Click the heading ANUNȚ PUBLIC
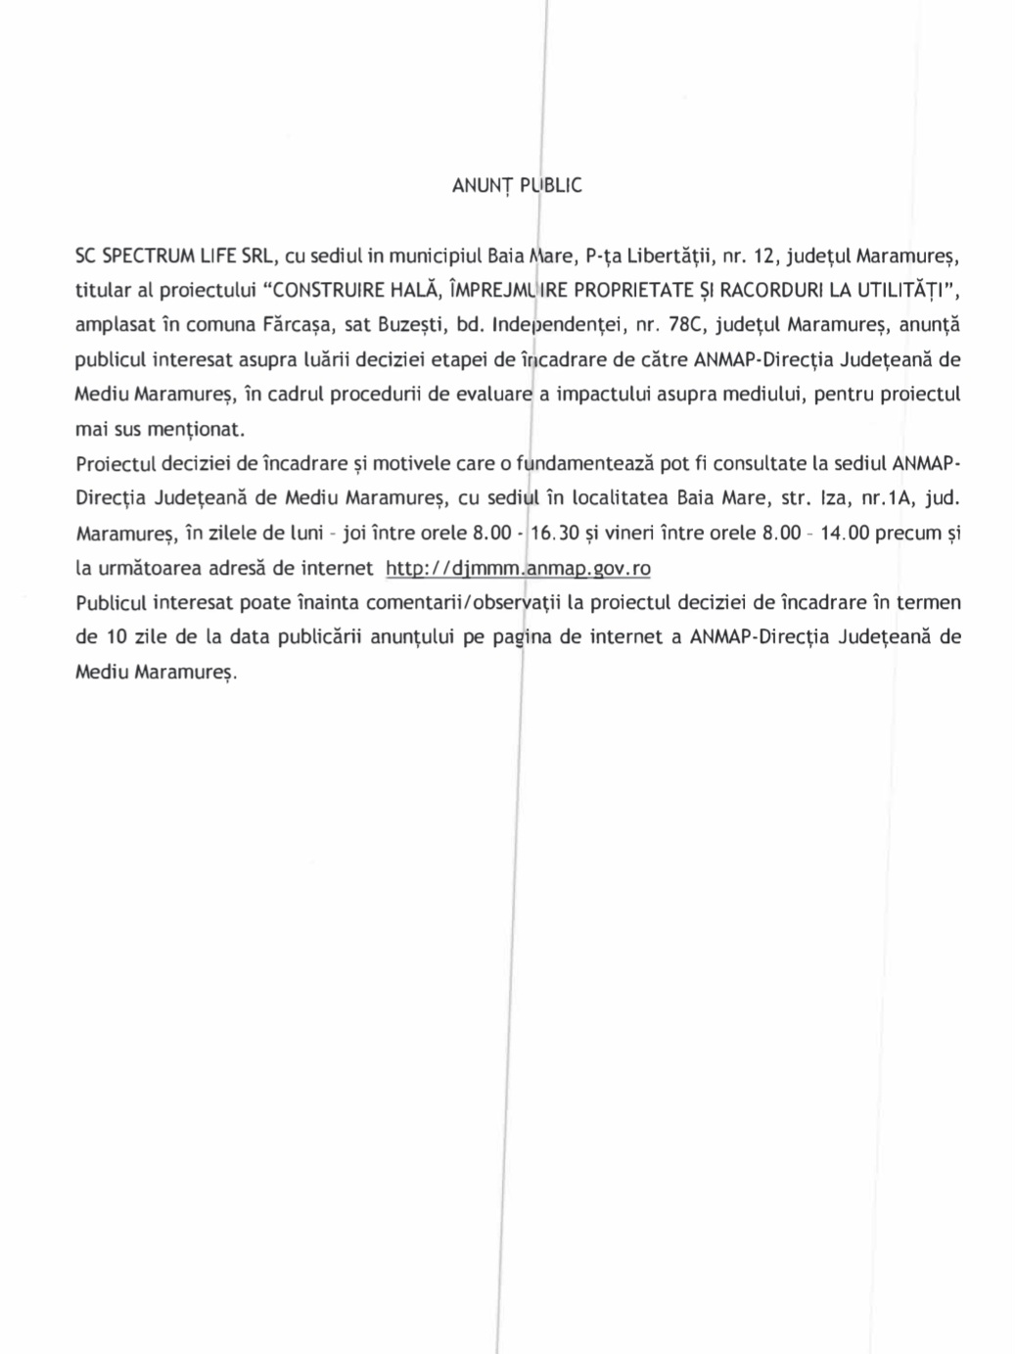click(x=517, y=185)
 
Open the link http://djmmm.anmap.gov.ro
click(x=519, y=569)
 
